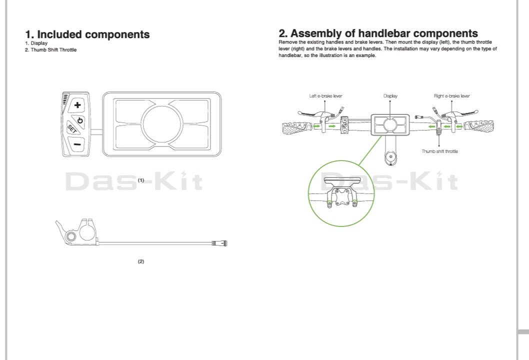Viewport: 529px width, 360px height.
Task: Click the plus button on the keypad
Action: pos(77,105)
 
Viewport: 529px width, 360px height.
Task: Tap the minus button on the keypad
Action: pos(77,144)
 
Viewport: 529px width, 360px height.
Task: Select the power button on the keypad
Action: pos(79,120)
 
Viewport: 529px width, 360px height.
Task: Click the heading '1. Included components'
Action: pos(87,34)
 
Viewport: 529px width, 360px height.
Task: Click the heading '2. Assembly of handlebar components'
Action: pos(378,33)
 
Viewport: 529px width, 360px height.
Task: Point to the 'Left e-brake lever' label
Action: pos(325,96)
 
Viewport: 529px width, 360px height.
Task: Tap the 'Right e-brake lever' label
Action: pos(451,96)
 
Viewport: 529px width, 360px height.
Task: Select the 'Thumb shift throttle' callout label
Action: pos(439,151)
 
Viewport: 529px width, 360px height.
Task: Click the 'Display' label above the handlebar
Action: pos(390,96)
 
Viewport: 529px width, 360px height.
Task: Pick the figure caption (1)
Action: pos(141,180)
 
